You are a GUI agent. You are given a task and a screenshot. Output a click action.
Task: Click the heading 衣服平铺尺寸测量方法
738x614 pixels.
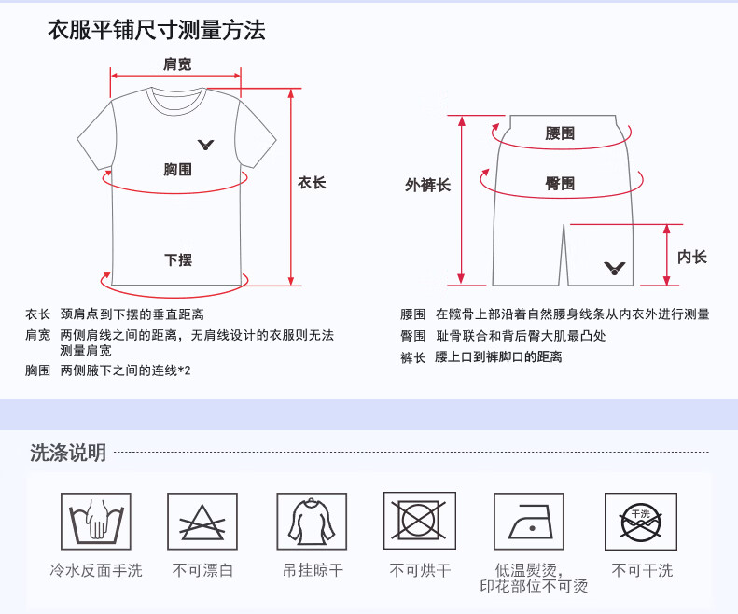[x=157, y=31]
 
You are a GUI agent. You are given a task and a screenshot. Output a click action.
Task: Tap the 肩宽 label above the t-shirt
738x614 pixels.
[x=177, y=64]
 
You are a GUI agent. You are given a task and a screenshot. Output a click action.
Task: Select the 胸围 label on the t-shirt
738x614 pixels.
[x=177, y=169]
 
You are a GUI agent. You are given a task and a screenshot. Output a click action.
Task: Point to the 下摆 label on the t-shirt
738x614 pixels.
[x=178, y=259]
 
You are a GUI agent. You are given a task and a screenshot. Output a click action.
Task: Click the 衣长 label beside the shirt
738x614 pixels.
[x=312, y=183]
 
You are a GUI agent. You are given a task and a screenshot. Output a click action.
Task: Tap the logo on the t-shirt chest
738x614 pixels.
[x=207, y=145]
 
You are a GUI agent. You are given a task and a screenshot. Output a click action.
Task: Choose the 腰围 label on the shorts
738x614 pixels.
[x=560, y=133]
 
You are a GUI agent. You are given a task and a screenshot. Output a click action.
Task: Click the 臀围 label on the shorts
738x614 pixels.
[x=560, y=184]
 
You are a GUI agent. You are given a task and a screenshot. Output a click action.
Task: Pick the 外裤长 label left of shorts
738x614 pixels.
[x=427, y=185]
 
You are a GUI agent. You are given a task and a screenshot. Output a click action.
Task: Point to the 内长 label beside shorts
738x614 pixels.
[x=692, y=257]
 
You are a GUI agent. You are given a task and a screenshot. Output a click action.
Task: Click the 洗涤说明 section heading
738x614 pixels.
[x=68, y=453]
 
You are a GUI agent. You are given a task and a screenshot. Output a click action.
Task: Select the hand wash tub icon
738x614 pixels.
[x=96, y=521]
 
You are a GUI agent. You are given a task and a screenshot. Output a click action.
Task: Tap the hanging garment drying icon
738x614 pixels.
[x=312, y=521]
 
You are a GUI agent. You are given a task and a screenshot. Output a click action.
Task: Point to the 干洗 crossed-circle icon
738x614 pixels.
[x=641, y=521]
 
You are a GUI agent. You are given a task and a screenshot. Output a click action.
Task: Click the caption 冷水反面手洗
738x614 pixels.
[x=96, y=569]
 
